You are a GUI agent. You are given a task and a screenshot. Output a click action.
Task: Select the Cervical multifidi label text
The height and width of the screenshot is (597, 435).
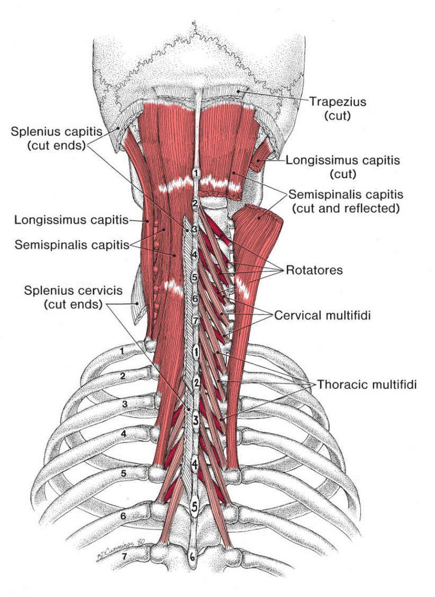(x=322, y=315)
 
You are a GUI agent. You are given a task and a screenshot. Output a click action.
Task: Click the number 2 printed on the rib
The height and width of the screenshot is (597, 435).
(x=123, y=376)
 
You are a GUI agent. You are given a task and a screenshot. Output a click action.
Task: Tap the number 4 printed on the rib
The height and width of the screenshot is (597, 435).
(x=123, y=434)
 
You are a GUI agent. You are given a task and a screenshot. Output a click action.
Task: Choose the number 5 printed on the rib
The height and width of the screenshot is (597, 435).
(x=123, y=473)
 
